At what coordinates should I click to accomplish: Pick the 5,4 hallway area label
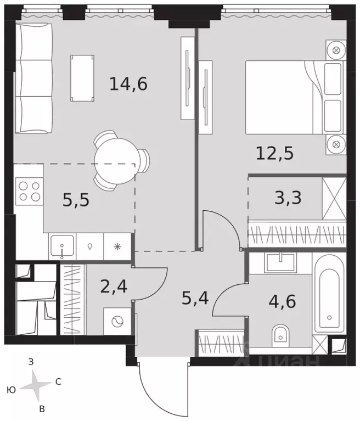point(196,299)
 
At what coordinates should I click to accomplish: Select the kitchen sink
point(63,246)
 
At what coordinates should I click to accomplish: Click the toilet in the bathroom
point(281,334)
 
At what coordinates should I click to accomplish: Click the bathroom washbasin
point(281,262)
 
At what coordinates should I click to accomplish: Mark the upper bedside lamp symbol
point(334,51)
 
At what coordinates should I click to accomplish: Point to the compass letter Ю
point(11,390)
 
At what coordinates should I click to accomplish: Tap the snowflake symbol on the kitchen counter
point(117,246)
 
